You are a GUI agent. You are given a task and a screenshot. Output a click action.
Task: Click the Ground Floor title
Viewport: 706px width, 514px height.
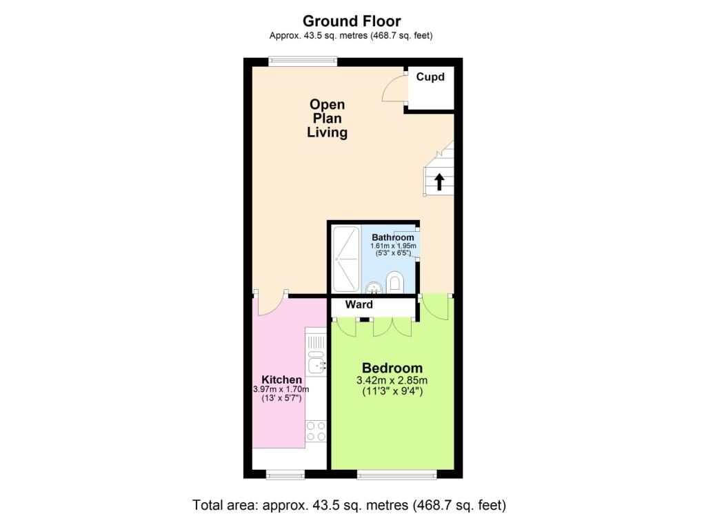(352, 21)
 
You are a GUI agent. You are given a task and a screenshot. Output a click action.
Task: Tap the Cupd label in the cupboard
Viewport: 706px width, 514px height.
(430, 77)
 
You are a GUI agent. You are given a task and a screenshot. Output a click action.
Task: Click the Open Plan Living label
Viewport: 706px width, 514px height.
(327, 118)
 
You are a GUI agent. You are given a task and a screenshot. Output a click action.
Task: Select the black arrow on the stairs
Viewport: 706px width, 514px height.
(438, 181)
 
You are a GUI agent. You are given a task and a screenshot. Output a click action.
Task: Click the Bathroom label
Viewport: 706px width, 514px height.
(393, 237)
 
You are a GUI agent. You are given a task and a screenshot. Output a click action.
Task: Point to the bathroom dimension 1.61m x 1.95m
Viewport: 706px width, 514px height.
(393, 246)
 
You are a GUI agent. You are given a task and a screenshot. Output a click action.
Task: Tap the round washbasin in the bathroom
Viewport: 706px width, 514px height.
(373, 286)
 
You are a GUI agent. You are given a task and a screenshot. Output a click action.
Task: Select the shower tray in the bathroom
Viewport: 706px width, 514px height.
(345, 259)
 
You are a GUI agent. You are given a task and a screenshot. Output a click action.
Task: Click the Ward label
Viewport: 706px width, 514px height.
(359, 304)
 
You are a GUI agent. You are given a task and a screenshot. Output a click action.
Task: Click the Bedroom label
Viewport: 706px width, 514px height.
(392, 368)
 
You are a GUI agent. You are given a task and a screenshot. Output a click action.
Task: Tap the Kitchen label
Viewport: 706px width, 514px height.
(281, 379)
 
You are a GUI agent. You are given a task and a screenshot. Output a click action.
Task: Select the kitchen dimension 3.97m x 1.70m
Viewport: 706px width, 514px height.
(281, 389)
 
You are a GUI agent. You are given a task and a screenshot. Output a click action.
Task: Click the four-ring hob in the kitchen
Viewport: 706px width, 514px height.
(316, 432)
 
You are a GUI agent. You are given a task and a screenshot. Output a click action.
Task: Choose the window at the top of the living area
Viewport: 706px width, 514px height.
(303, 61)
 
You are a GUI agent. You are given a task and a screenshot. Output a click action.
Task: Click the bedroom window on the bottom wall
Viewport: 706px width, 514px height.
(396, 474)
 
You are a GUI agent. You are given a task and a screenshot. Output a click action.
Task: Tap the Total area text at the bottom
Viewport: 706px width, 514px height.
(352, 504)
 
